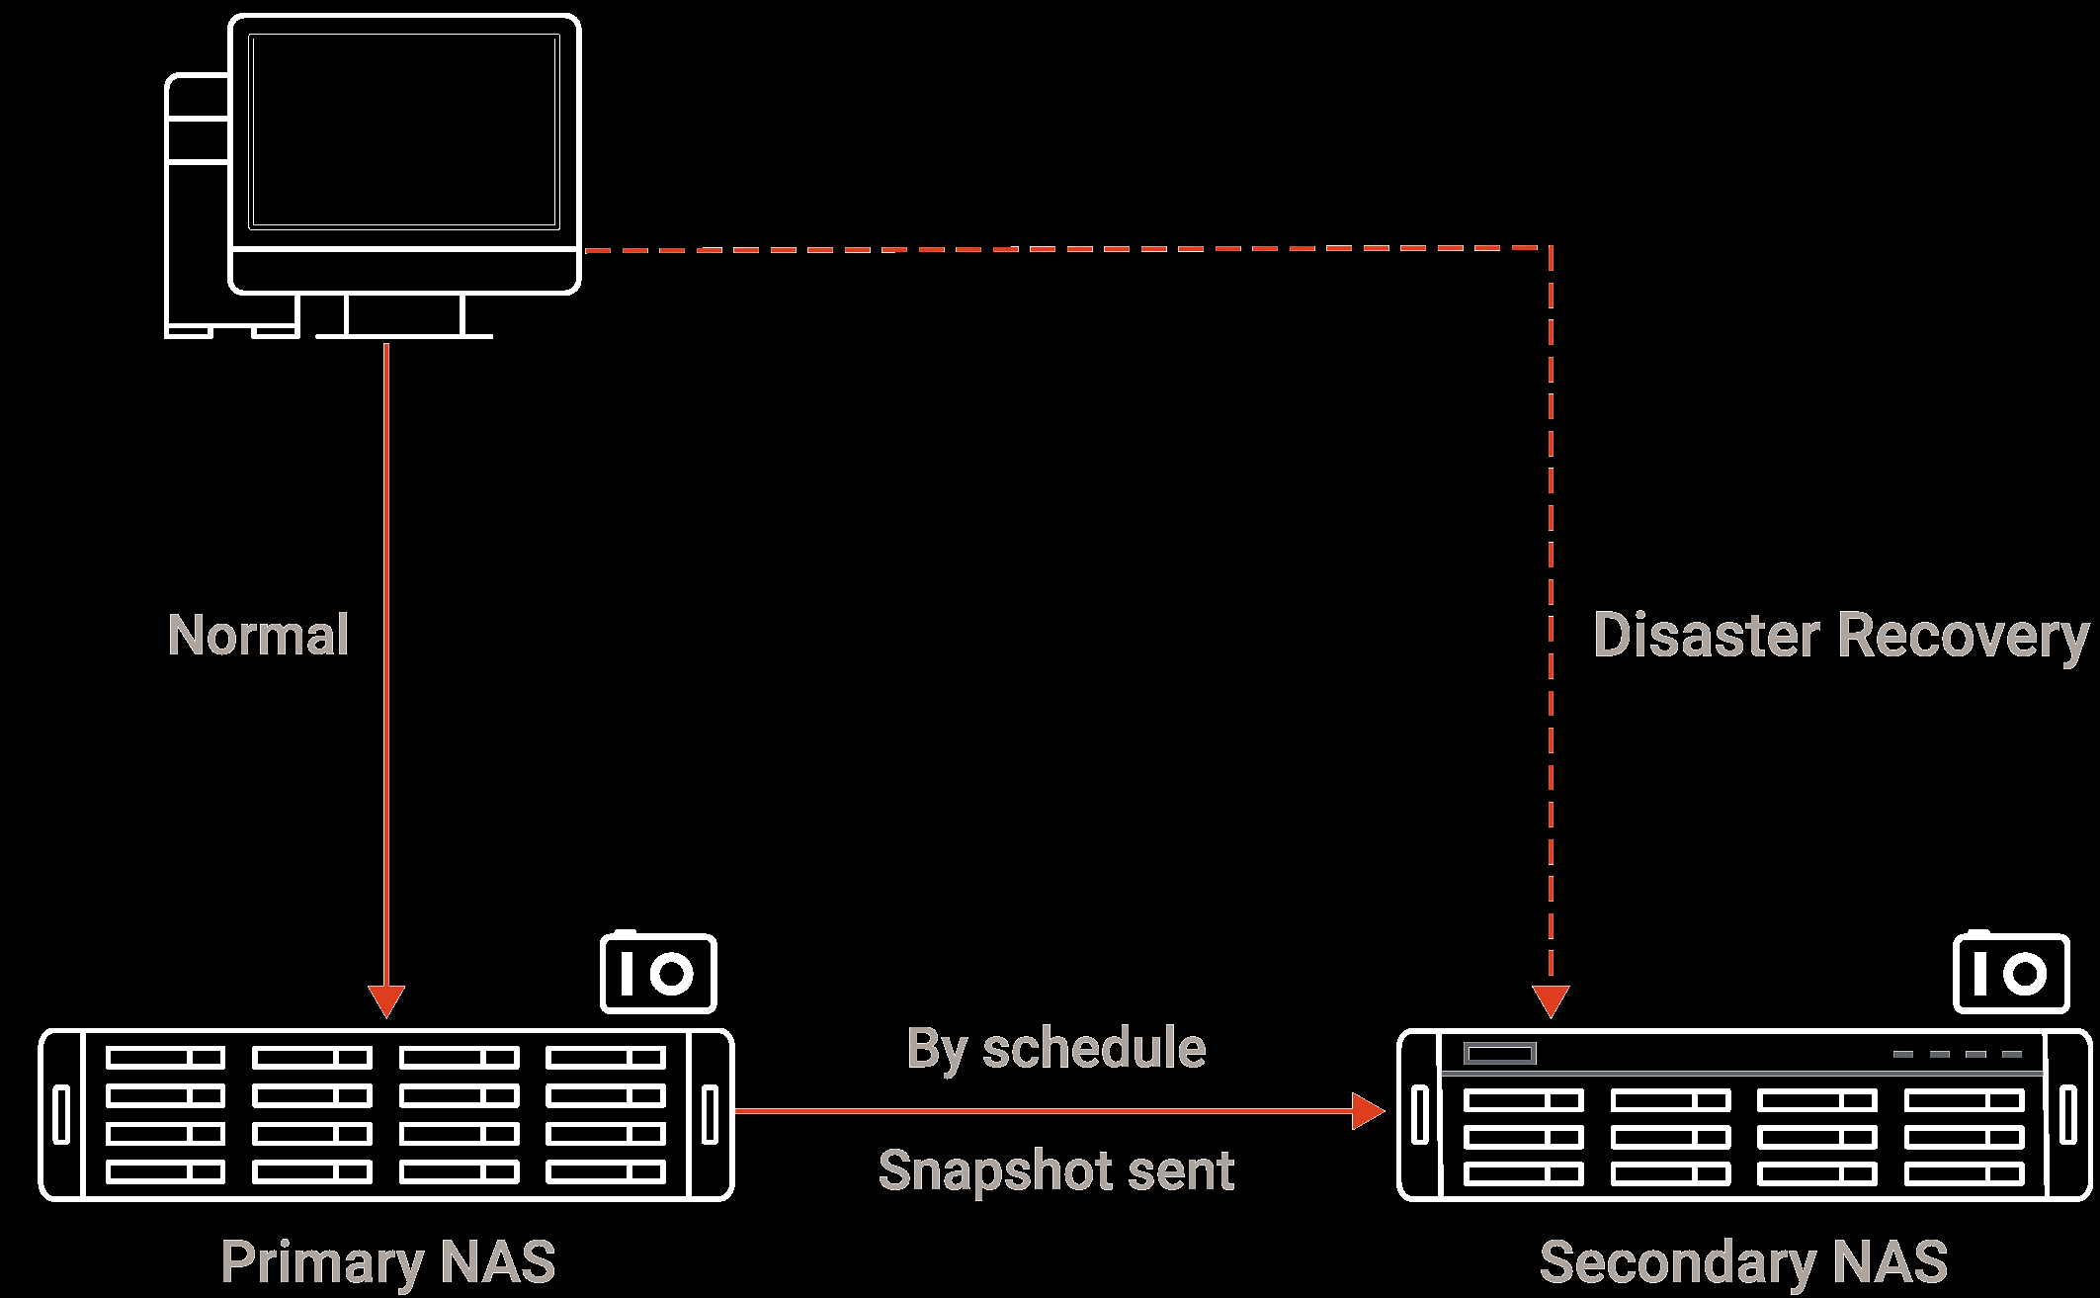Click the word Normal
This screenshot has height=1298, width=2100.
click(x=258, y=635)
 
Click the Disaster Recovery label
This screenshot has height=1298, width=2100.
click(x=1840, y=635)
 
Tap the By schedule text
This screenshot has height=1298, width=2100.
click(x=1055, y=1049)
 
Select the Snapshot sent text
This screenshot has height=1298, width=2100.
click(x=1055, y=1170)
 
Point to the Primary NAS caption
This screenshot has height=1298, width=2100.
click(x=387, y=1262)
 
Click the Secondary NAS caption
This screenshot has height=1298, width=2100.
click(x=1743, y=1262)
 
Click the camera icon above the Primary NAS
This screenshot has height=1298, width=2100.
click(x=658, y=973)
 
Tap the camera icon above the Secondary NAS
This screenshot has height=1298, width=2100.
click(x=2011, y=973)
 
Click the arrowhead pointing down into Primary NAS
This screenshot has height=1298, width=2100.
click(x=386, y=999)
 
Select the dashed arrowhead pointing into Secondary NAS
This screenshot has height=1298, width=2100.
click(x=1551, y=999)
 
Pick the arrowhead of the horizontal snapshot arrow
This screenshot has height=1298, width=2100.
click(x=1368, y=1111)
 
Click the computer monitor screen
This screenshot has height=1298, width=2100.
click(x=404, y=131)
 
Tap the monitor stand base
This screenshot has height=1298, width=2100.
click(x=404, y=335)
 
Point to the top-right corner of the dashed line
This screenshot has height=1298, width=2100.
click(x=1551, y=247)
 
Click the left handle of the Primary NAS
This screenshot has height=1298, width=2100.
click(x=61, y=1114)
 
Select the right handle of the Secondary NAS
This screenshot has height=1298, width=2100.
click(x=2068, y=1114)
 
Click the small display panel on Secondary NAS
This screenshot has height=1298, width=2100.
click(x=1499, y=1054)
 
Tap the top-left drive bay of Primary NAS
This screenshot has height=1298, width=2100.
click(x=165, y=1058)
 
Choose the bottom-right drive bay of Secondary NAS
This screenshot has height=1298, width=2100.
click(x=1964, y=1173)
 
